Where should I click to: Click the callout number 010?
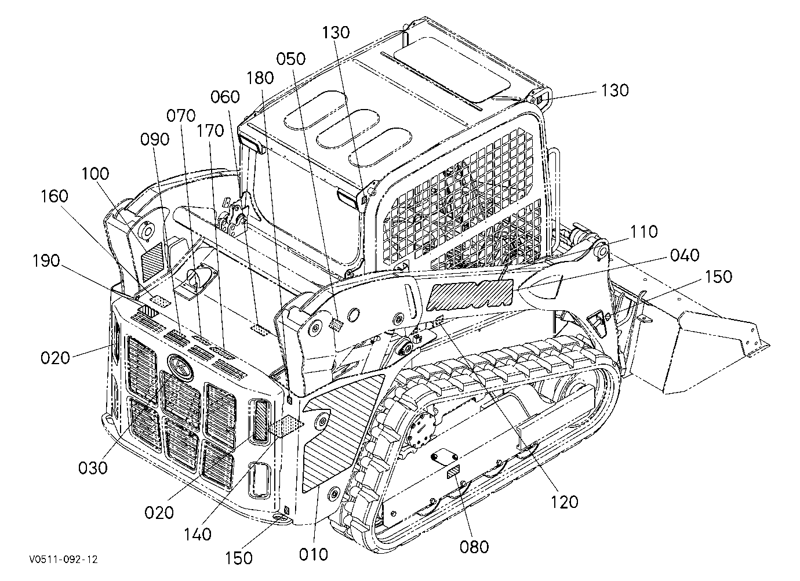pos(313,554)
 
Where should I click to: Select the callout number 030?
pos(93,468)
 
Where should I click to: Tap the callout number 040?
pos(684,256)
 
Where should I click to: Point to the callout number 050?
pos(291,59)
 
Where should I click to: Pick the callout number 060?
pos(225,97)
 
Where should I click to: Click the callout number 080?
pos(474,547)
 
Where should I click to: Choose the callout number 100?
pos(95,174)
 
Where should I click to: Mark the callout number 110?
pos(643,232)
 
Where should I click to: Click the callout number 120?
pos(564,502)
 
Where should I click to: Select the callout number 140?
pos(198,535)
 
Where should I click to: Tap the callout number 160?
pos(54,196)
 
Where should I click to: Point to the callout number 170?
pos(210,131)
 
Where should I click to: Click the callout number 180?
pos(260,78)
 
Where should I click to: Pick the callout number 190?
pos(46,261)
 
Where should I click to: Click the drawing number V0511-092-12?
pos(64,559)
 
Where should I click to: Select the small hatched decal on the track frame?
pos(453,472)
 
